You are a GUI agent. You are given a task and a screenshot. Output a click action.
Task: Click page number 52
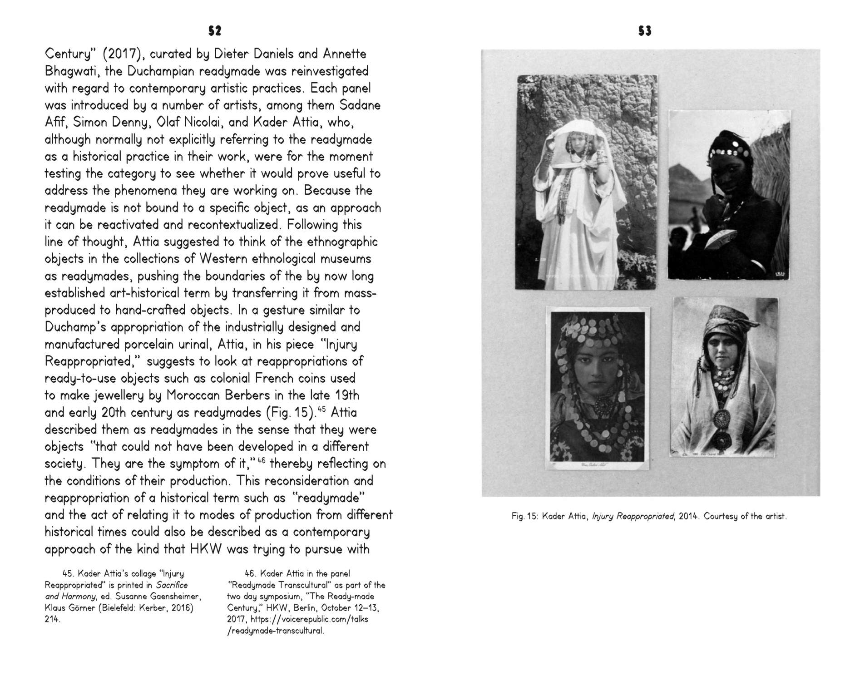[x=215, y=30]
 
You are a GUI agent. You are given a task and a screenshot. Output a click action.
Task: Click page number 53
[x=645, y=30]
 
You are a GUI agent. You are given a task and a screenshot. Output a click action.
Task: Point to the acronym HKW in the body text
[x=205, y=549]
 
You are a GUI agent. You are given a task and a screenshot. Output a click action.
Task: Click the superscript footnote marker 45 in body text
[x=322, y=409]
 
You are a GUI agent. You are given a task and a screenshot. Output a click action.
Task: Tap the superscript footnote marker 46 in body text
[x=261, y=460]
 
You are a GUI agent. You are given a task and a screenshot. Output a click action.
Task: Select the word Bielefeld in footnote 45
[x=117, y=607]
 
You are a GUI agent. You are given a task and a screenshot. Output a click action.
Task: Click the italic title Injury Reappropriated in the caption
[x=633, y=516]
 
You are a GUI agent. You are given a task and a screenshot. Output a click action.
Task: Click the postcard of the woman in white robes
[x=586, y=182]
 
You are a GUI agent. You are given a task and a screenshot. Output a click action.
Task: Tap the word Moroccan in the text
[x=194, y=395]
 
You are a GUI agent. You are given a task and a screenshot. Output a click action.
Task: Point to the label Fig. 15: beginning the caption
[x=524, y=516]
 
